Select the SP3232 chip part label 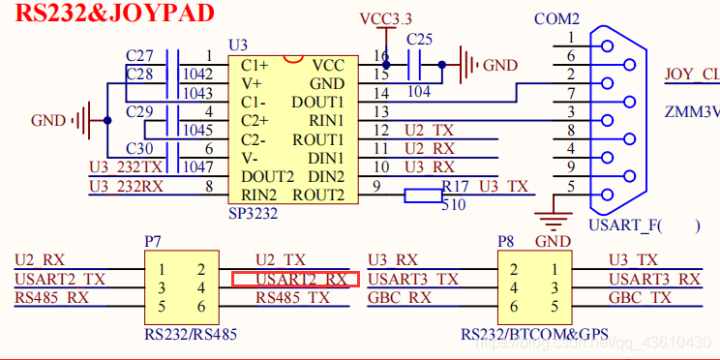[x=254, y=212]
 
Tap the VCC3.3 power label [x=384, y=19]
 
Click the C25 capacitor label [x=419, y=40]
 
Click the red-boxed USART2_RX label [x=296, y=280]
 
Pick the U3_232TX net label [x=126, y=167]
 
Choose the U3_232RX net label [x=126, y=186]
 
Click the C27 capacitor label [x=139, y=56]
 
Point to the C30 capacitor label [x=139, y=148]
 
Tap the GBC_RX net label [x=400, y=298]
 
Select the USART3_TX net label [x=413, y=280]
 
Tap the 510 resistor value [x=453, y=205]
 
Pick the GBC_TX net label [x=640, y=298]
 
